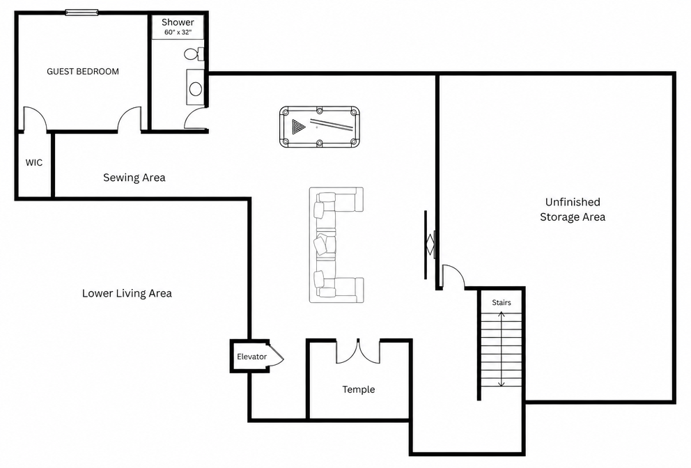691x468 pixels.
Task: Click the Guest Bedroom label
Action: click(83, 72)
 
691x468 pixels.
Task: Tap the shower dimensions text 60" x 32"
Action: click(178, 32)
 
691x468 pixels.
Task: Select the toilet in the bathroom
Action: click(194, 54)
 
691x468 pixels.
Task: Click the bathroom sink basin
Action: click(195, 89)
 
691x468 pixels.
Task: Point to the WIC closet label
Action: click(34, 162)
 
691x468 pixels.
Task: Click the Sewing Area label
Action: click(134, 178)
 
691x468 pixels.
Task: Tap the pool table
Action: click(320, 127)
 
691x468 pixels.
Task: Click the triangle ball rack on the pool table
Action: click(298, 127)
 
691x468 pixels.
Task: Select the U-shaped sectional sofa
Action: click(336, 244)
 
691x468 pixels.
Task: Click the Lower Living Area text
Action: click(127, 293)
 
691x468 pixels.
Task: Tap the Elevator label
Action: click(251, 357)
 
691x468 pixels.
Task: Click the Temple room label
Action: click(359, 389)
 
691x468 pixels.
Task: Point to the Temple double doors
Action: click(358, 352)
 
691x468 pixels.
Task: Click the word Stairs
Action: click(502, 302)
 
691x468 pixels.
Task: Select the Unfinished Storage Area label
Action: click(573, 210)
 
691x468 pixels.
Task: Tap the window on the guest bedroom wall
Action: click(81, 13)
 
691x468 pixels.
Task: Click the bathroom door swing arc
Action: click(195, 118)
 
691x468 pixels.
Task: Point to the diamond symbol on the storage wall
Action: click(430, 244)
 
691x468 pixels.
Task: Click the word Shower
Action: click(178, 22)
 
